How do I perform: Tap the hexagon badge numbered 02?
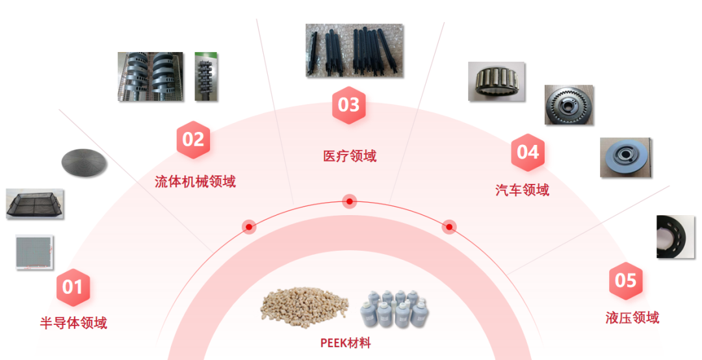(x=193, y=140)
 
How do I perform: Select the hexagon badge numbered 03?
(x=349, y=105)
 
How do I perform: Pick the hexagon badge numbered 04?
(x=528, y=153)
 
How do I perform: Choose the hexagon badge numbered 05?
(x=625, y=281)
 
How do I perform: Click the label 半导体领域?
(x=73, y=323)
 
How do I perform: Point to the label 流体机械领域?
(x=195, y=181)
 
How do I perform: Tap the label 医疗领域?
(x=350, y=156)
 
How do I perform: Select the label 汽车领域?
(x=522, y=190)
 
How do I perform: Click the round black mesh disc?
(x=84, y=161)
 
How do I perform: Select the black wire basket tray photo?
(x=35, y=203)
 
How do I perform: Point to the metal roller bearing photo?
(x=496, y=81)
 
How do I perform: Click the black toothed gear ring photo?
(x=569, y=104)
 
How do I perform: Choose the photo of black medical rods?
(x=354, y=49)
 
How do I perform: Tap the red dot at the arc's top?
(x=350, y=201)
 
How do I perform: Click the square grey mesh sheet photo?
(x=34, y=251)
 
